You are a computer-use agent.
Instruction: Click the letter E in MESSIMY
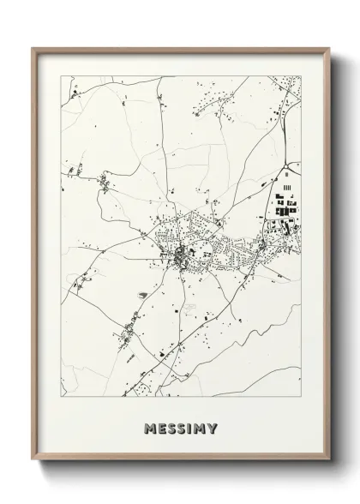[160, 428]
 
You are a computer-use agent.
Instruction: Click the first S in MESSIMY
[171, 428]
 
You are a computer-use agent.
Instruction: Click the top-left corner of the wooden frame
[33, 48]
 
